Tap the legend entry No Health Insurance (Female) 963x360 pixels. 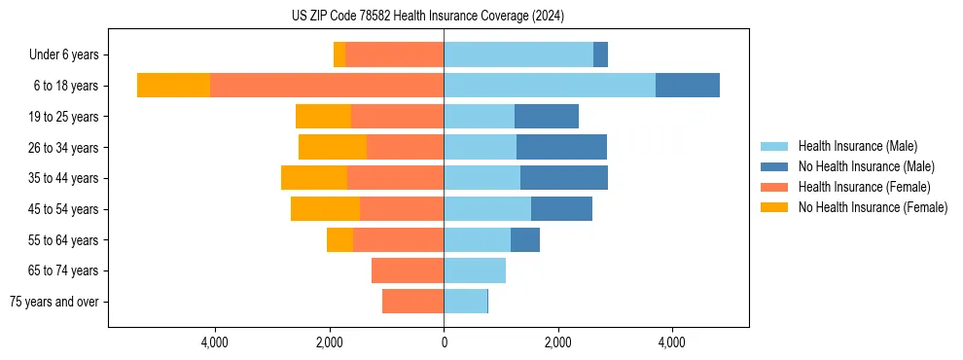tap(873, 207)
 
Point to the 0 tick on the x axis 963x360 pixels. tap(444, 342)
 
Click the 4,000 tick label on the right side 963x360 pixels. tap(672, 342)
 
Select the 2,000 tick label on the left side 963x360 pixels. tap(330, 342)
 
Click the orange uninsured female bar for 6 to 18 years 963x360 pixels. tap(173, 86)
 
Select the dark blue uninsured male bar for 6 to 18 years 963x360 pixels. tap(687, 86)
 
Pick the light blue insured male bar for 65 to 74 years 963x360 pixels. tap(475, 270)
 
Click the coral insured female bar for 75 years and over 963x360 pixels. tap(412, 302)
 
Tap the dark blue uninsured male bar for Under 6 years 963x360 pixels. tap(600, 54)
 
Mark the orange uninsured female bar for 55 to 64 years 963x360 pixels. tap(339, 239)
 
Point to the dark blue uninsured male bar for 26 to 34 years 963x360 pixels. tap(561, 147)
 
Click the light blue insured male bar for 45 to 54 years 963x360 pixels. tap(487, 208)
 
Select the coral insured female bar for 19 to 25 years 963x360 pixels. tap(397, 117)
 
